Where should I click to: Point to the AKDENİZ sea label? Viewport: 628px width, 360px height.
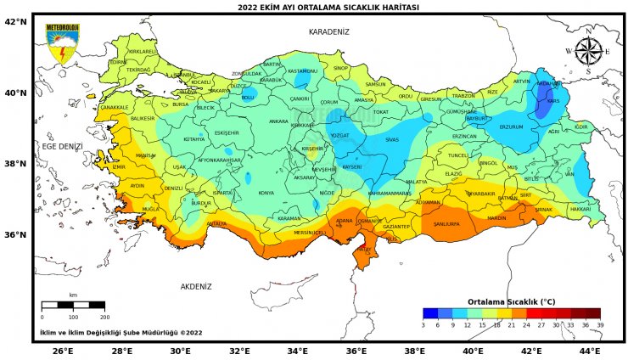pyautogui.click(x=195, y=286)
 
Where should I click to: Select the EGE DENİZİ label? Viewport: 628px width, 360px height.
pyautogui.click(x=63, y=146)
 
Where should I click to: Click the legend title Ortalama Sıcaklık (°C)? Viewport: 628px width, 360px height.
pyautogui.click(x=511, y=301)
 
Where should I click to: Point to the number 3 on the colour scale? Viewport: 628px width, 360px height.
pyautogui.click(x=423, y=324)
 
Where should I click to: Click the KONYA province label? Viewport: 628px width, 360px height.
pyautogui.click(x=266, y=193)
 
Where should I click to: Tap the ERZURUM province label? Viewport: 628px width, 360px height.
pyautogui.click(x=511, y=127)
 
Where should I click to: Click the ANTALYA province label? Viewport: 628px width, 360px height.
pyautogui.click(x=217, y=224)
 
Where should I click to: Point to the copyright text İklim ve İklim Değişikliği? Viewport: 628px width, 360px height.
pyautogui.click(x=121, y=332)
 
